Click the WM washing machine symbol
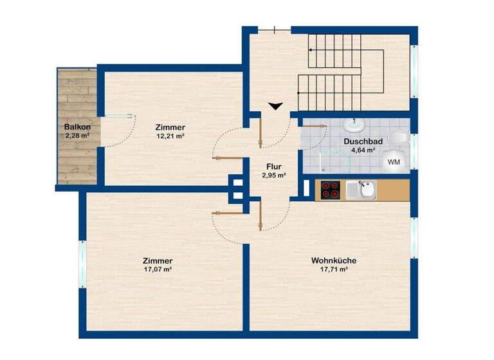pos(394,163)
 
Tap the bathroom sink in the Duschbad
pos(354,124)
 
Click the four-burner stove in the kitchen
pos(331,189)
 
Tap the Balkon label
pos(77,127)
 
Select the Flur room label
pos(274,165)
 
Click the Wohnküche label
pos(334,260)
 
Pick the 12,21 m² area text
pos(170,136)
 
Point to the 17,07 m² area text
pos(158,269)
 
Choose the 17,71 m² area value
pos(334,269)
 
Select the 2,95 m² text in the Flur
pos(274,174)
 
